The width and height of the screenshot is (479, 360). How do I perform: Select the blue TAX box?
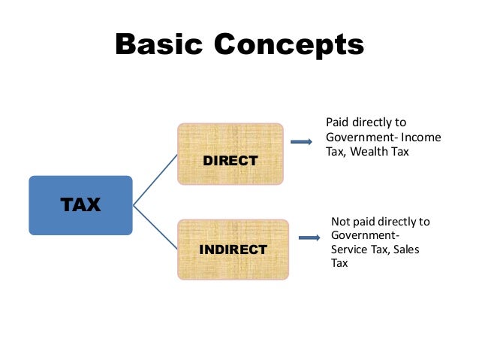point(80,204)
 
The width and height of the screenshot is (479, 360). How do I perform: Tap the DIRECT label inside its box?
point(230,161)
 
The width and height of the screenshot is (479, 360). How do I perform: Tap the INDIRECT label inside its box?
point(233,250)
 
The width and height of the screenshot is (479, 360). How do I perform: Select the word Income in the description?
point(420,138)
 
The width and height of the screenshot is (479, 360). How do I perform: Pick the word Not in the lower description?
point(341,222)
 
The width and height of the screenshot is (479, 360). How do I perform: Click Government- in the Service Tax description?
point(363,236)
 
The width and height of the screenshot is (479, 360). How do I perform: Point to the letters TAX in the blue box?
point(80,204)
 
